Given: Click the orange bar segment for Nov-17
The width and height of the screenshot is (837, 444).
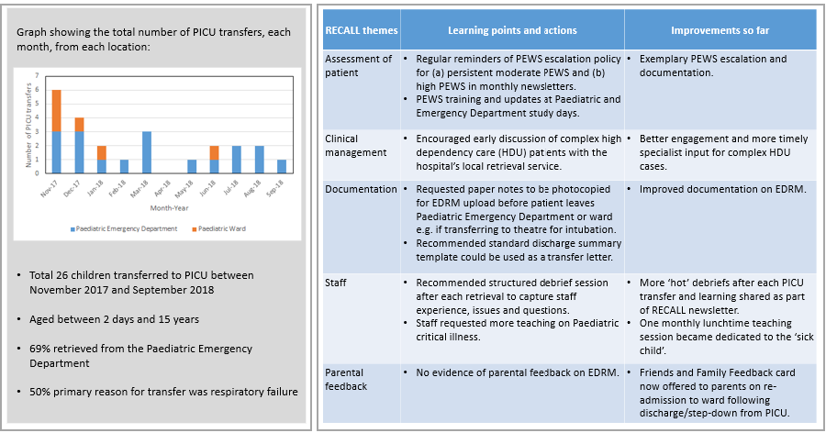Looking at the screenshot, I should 56,111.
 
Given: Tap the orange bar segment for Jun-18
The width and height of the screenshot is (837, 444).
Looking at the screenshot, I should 213,153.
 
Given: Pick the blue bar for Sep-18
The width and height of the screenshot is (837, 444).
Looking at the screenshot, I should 281,166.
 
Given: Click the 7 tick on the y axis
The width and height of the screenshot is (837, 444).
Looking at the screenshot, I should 39,76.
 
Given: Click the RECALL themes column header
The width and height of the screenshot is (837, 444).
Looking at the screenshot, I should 362,30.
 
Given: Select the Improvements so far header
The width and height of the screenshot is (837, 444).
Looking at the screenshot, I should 720,30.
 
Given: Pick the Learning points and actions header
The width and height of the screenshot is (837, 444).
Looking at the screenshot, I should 512,30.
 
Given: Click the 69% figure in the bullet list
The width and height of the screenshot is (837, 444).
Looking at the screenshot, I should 43,349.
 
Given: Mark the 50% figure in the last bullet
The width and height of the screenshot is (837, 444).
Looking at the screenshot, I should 43,392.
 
